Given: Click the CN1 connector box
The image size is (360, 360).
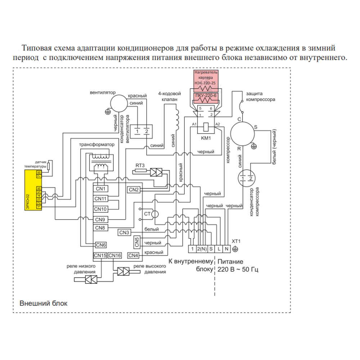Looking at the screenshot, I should tap(100, 189).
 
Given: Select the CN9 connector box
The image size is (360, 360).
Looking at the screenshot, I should tap(100, 219).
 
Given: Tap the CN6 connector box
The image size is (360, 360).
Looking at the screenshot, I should tap(100, 245).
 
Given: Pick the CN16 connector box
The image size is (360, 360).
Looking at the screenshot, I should tap(115, 256).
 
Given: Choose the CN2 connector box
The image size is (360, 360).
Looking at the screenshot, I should tap(134, 189).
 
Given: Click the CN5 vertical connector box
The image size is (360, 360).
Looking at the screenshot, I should tap(137, 242).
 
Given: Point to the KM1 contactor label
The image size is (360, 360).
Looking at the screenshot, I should tap(207, 138).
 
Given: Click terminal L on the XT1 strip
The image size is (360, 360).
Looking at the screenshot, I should tap(219, 248).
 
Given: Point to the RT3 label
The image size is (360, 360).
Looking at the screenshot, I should tap(140, 165).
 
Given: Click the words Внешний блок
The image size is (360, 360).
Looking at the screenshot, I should tap(43, 303).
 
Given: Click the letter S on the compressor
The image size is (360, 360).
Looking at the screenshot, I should tap(256, 127).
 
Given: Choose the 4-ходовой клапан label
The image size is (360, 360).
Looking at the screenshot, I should tap(169, 96).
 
